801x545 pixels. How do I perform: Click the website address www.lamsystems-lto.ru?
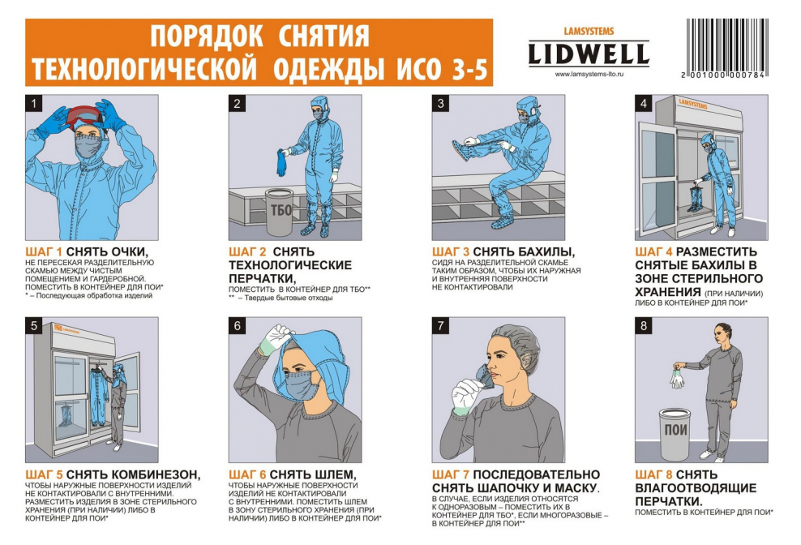pyautogui.click(x=589, y=74)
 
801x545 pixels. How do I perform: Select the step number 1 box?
pyautogui.click(x=33, y=104)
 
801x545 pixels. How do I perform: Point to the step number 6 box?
pyautogui.click(x=237, y=326)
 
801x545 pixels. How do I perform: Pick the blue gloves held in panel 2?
pyautogui.click(x=281, y=161)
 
